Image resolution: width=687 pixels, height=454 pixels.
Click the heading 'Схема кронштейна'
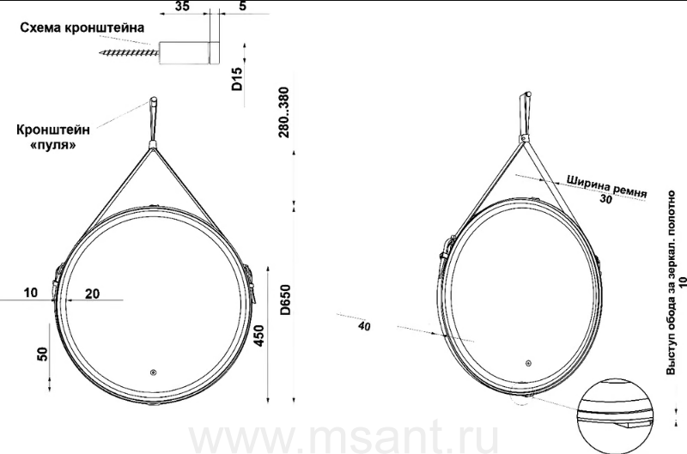pyautogui.click(x=82, y=27)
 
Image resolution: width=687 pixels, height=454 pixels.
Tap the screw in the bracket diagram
pyautogui.click(x=130, y=53)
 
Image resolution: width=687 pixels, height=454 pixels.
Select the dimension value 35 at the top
pyautogui.click(x=182, y=6)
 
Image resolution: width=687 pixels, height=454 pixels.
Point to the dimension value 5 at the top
pyautogui.click(x=243, y=6)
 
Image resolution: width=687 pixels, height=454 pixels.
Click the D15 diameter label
pyautogui.click(x=237, y=79)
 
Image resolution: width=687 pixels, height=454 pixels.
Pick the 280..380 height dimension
pyautogui.click(x=284, y=112)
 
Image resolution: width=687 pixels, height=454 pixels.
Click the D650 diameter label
pyautogui.click(x=285, y=300)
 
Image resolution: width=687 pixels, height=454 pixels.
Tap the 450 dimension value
pyautogui.click(x=259, y=336)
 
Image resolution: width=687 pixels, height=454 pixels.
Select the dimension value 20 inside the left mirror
pyautogui.click(x=92, y=294)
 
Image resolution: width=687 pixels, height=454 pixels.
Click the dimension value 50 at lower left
pyautogui.click(x=42, y=354)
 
